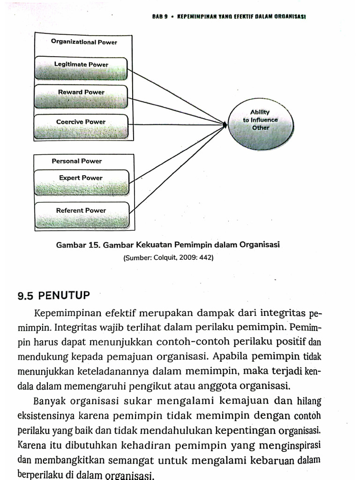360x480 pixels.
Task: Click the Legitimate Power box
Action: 81,68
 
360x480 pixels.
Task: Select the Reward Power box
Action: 81,97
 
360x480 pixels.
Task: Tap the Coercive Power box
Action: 81,126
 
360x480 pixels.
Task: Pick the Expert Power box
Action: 82,182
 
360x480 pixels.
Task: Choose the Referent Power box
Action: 82,215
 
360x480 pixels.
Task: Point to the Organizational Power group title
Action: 84,42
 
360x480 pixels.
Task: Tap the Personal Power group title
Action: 76,161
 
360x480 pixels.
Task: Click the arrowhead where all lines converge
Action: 225,125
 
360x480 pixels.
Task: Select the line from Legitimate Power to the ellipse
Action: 176,97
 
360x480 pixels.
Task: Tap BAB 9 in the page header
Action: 160,15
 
